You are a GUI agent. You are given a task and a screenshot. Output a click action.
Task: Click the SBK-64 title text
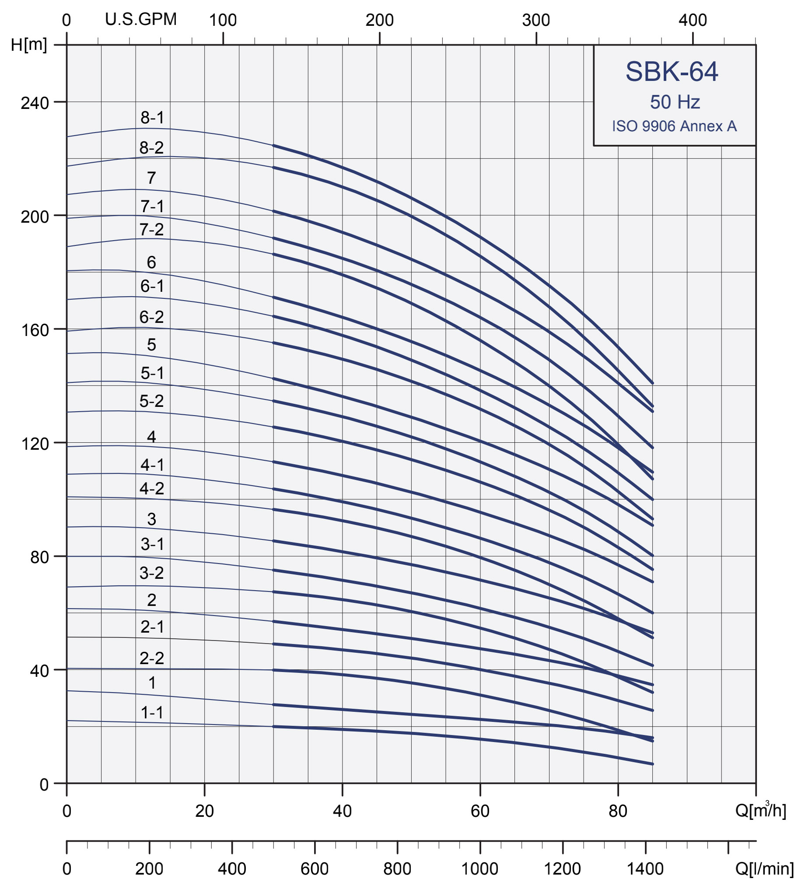click(x=671, y=71)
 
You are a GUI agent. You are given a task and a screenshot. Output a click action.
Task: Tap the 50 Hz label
click(x=675, y=102)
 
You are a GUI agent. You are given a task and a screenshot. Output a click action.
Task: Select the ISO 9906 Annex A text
click(x=674, y=126)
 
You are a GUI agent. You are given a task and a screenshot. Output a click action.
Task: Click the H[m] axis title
click(x=29, y=44)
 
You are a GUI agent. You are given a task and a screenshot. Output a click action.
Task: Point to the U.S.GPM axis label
click(x=141, y=19)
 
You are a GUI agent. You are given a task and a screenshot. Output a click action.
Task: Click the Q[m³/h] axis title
click(x=760, y=810)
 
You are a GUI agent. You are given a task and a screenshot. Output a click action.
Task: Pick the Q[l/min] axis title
click(x=764, y=868)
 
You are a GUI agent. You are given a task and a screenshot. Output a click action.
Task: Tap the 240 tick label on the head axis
click(x=35, y=103)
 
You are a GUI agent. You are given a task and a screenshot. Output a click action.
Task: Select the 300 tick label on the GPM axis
click(x=536, y=20)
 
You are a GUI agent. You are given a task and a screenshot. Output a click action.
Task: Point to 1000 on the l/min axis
click(x=480, y=868)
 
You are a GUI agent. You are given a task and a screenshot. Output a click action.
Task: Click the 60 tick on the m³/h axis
click(x=480, y=811)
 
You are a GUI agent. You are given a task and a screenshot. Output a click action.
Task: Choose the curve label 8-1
click(x=152, y=118)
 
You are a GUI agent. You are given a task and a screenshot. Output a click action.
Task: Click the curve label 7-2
click(x=152, y=229)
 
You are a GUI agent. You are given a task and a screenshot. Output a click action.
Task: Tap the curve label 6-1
click(x=152, y=286)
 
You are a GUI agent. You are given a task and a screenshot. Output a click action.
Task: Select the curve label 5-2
click(x=152, y=401)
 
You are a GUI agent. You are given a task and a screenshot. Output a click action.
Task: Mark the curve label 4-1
click(x=152, y=465)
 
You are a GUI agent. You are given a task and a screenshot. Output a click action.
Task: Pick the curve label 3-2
click(x=152, y=573)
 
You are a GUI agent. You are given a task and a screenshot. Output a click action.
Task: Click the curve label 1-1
click(x=152, y=713)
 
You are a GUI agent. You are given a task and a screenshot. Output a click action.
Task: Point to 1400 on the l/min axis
click(x=645, y=868)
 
